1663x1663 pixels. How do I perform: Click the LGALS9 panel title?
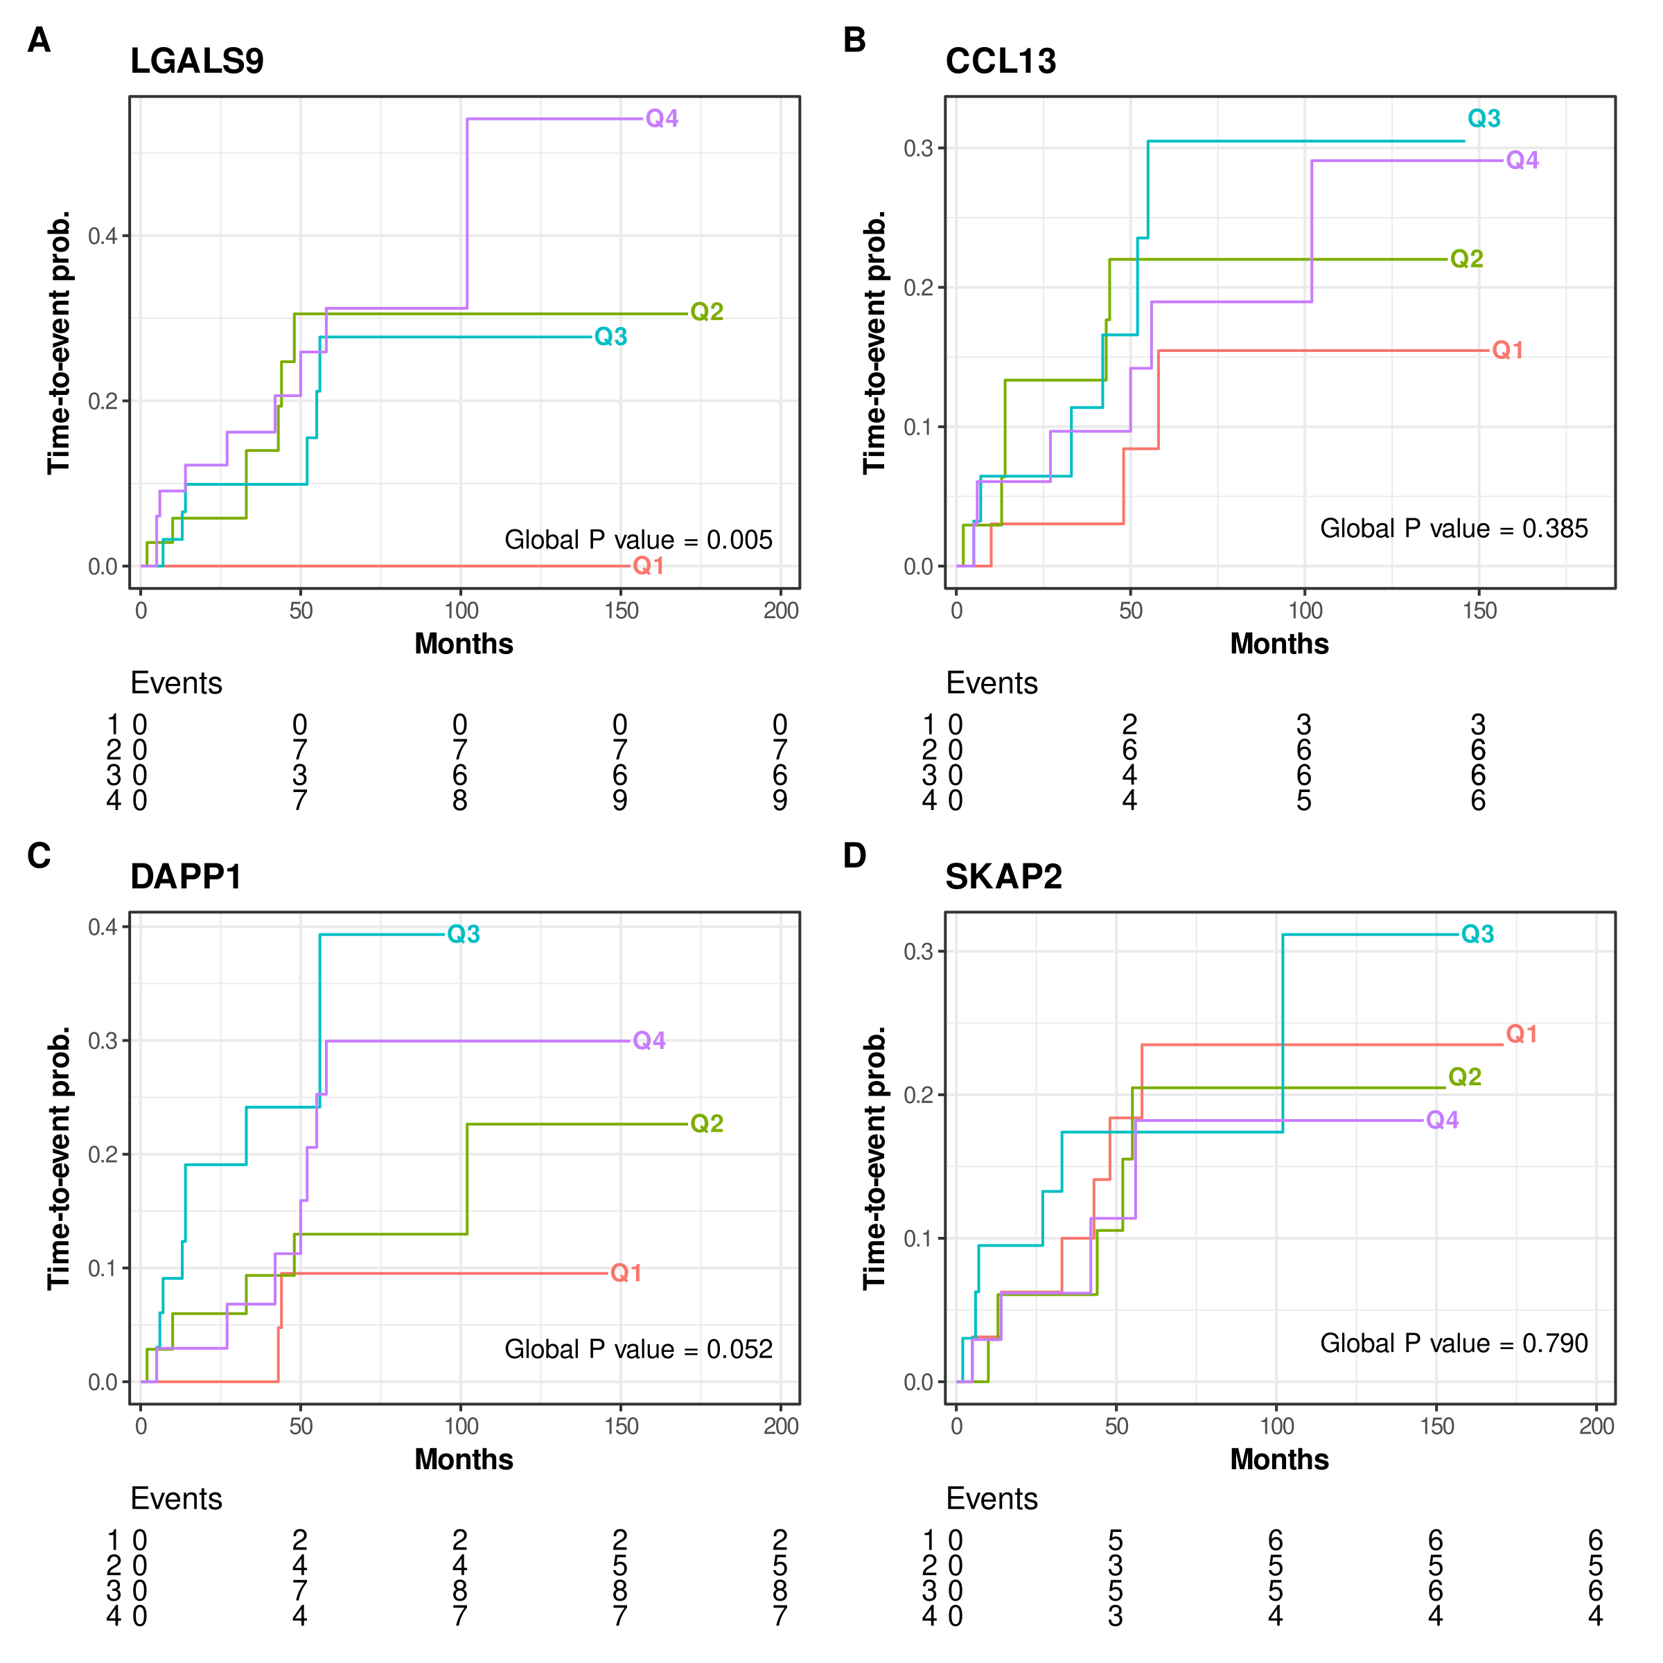point(196,61)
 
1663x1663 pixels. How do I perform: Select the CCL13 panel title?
point(1000,61)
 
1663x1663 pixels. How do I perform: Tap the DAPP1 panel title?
point(186,877)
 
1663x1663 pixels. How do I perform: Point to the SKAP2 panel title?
point(1003,877)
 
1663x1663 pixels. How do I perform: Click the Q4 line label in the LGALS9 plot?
point(662,118)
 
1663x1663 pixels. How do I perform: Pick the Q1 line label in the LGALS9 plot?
point(648,565)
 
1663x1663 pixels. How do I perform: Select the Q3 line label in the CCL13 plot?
point(1484,118)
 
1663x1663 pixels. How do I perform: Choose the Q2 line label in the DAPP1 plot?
point(707,1123)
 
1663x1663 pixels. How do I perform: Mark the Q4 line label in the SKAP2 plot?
point(1443,1120)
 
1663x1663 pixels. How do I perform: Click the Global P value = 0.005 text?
point(637,540)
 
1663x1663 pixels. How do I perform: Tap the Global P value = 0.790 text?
point(1454,1343)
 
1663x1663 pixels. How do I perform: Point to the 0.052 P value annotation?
point(739,1349)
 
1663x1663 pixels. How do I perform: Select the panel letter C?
point(39,855)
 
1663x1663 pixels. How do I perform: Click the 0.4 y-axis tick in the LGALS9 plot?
point(103,236)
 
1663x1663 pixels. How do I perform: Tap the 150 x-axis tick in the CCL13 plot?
point(1479,610)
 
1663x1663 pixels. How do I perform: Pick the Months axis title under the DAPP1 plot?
point(464,1459)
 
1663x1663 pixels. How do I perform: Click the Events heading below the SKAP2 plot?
point(992,1499)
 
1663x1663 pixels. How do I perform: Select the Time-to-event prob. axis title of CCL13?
point(874,342)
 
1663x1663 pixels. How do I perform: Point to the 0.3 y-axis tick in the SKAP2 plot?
point(918,951)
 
